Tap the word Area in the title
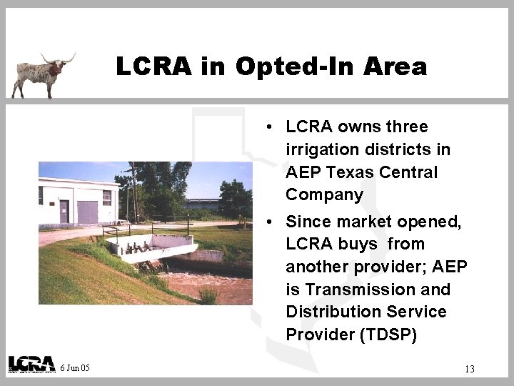click(395, 67)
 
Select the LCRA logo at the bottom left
click(31, 364)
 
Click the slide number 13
click(469, 369)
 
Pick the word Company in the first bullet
click(325, 194)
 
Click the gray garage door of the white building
click(87, 212)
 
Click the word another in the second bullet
click(316, 267)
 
